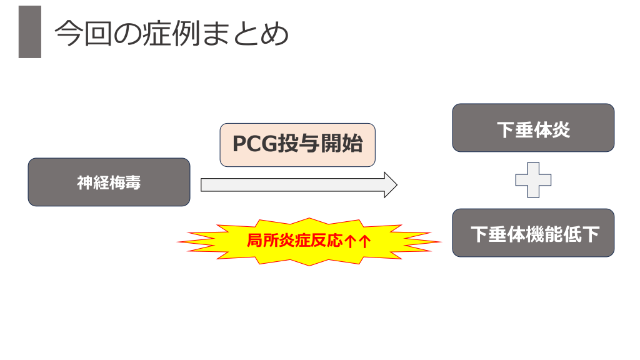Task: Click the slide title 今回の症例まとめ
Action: (172, 34)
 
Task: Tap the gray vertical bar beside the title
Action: (29, 32)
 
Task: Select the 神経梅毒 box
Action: (109, 182)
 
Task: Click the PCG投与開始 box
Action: (297, 144)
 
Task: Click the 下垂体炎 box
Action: (533, 128)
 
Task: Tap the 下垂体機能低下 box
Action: (533, 233)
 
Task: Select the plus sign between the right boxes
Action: (533, 180)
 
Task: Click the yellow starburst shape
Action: (309, 241)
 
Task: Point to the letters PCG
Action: (254, 144)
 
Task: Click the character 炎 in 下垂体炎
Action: (561, 130)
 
